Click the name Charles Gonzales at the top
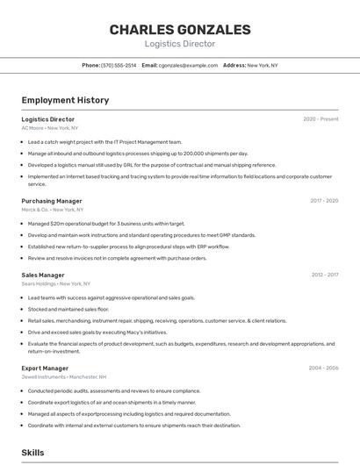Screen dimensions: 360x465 click(x=179, y=30)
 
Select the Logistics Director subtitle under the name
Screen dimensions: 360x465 click(x=179, y=44)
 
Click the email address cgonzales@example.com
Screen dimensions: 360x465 click(x=188, y=66)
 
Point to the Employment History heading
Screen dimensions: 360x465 click(x=65, y=100)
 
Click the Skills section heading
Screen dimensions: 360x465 click(x=32, y=453)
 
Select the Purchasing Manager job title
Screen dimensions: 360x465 click(x=52, y=201)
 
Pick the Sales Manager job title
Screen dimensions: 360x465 click(x=43, y=275)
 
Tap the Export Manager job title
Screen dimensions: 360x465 click(x=45, y=368)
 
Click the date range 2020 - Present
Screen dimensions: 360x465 click(x=320, y=119)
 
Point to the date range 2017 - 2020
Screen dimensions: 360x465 click(x=324, y=201)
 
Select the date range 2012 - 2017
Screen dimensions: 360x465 click(x=324, y=275)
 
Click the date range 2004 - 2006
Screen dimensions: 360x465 click(x=323, y=368)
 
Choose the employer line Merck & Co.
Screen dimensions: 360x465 click(x=53, y=210)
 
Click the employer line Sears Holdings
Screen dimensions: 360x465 click(x=56, y=283)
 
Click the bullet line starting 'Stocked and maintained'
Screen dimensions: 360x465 click(x=68, y=309)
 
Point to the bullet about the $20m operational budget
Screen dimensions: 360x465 click(x=106, y=224)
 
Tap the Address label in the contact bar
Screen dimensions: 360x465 click(x=234, y=66)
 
